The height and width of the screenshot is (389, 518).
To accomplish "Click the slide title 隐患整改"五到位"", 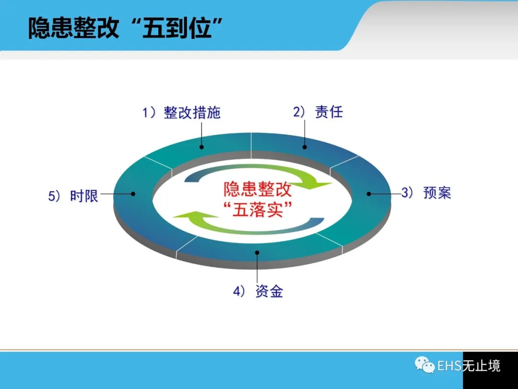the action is [x=125, y=28].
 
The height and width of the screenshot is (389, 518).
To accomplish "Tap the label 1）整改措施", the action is [x=181, y=112].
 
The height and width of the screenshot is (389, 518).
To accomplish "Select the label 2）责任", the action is [x=318, y=112].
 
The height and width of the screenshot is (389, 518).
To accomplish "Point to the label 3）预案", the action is [x=426, y=193].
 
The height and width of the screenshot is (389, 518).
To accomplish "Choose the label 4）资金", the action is [x=258, y=291].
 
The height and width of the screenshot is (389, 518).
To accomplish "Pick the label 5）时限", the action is [x=73, y=196].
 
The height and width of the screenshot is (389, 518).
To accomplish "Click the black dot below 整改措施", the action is [x=201, y=147].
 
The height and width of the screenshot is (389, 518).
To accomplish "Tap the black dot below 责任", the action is [x=305, y=147].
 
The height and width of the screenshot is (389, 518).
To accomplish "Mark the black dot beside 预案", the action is [x=369, y=194].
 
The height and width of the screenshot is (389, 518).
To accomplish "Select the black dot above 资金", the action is [x=257, y=253].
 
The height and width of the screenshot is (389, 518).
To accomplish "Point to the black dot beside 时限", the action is [x=133, y=194].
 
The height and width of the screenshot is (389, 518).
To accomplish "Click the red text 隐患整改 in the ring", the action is [x=258, y=189].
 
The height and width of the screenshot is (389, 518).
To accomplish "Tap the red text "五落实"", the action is [x=258, y=209].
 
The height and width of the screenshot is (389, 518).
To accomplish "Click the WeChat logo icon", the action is [x=425, y=365].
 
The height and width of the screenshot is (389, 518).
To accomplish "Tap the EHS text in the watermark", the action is [x=449, y=366].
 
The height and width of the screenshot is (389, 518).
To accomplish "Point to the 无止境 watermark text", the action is [x=482, y=366].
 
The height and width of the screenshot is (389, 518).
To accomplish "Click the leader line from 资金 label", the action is [x=257, y=268].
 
